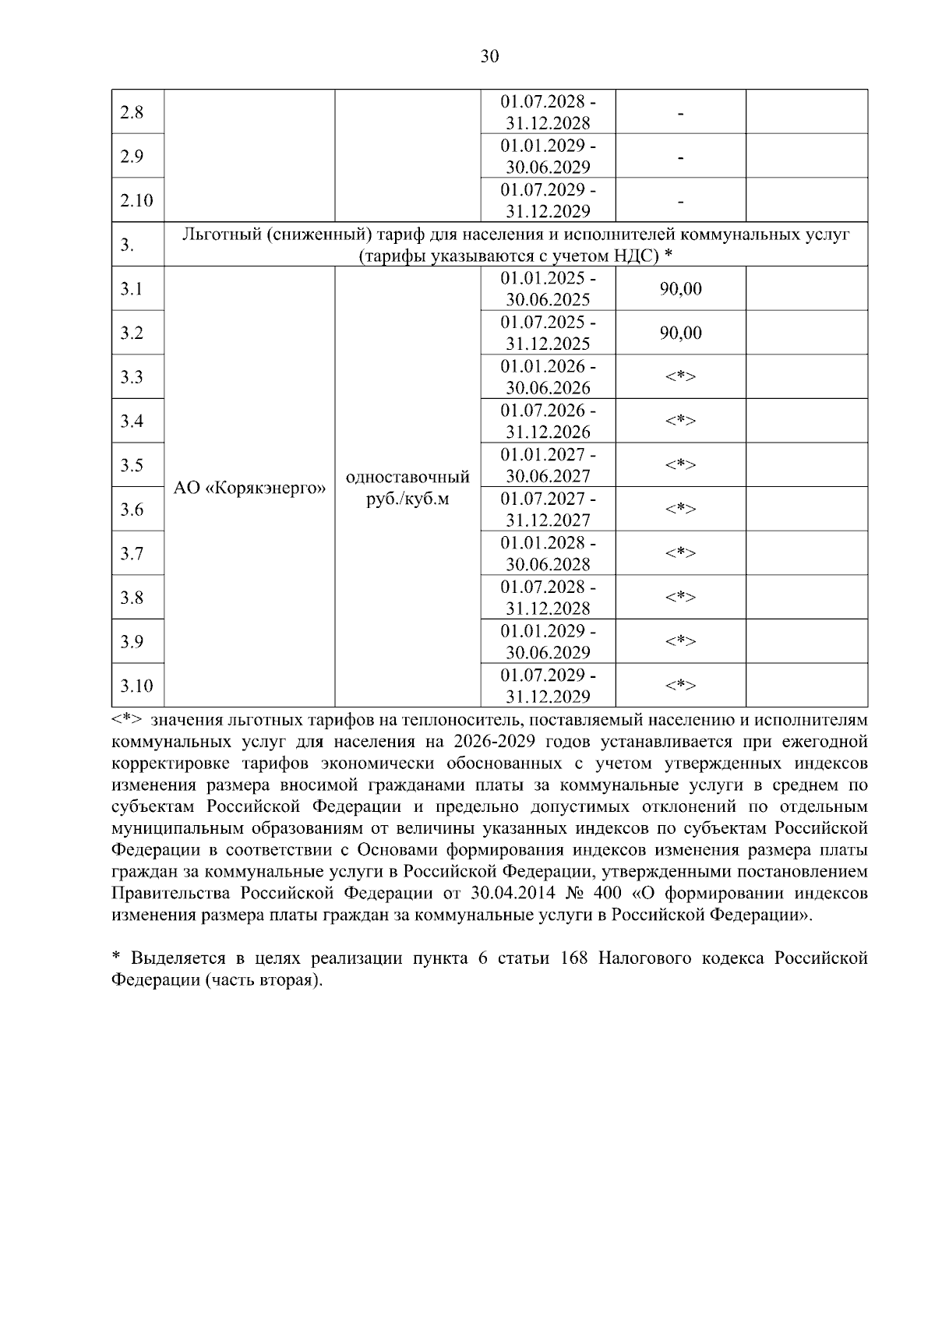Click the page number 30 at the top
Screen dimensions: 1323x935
pyautogui.click(x=489, y=56)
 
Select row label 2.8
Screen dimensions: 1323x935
pyautogui.click(x=132, y=112)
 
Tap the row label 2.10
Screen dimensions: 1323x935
pyautogui.click(x=136, y=200)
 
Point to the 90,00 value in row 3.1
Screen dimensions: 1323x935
pyautogui.click(x=680, y=289)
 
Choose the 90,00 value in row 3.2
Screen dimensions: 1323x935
pyautogui.click(x=680, y=333)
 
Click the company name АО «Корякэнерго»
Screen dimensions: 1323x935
pyautogui.click(x=249, y=488)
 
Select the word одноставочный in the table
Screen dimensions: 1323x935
pyautogui.click(x=408, y=477)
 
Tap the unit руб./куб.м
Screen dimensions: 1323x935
pyautogui.click(x=408, y=499)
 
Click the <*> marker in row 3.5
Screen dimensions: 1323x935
pyautogui.click(x=680, y=465)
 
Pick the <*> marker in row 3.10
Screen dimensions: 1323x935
pyautogui.click(x=680, y=686)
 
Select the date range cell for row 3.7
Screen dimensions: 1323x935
pyautogui.click(x=548, y=553)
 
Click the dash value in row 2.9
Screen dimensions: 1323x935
pyautogui.click(x=680, y=157)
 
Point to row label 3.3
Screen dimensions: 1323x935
pyautogui.click(x=132, y=377)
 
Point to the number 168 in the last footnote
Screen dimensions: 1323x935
pyautogui.click(x=574, y=958)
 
